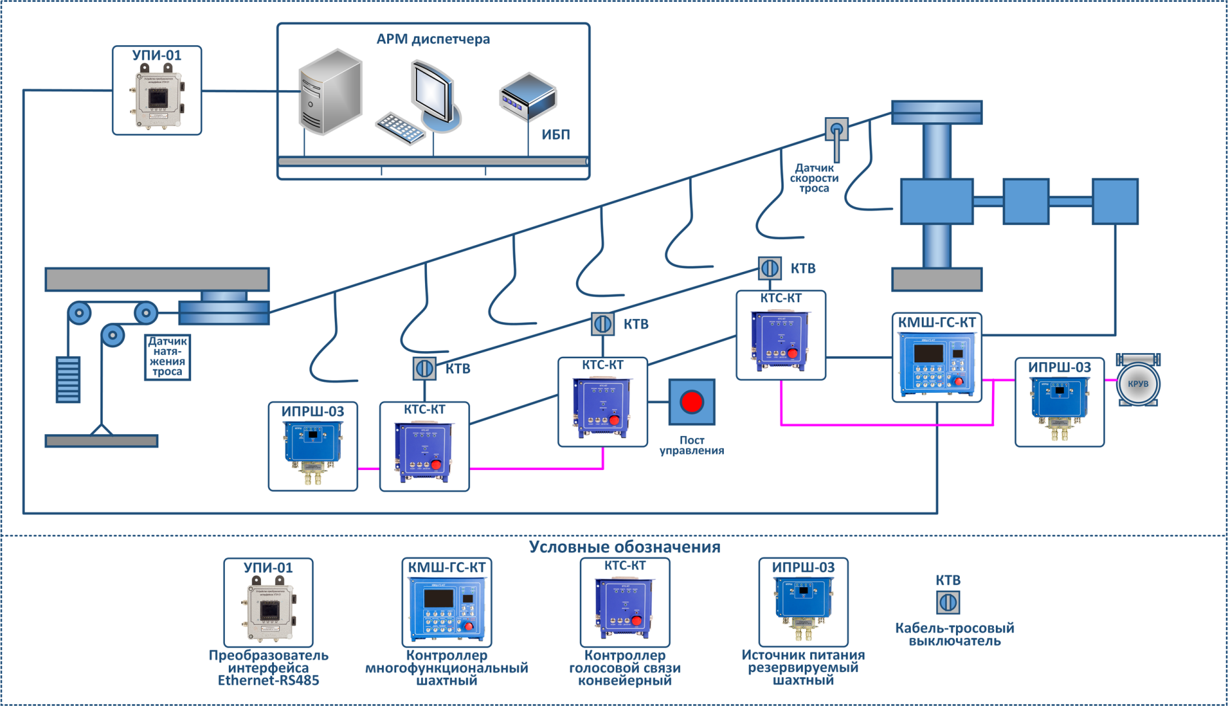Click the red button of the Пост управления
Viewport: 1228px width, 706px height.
pos(692,402)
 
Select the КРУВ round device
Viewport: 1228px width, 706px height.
pos(1138,384)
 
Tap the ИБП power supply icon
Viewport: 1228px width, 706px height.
pos(528,97)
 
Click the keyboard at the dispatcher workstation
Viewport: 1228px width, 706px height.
pos(401,128)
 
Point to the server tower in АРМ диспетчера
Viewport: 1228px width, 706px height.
pos(330,92)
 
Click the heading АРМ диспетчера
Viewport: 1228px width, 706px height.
pos(433,39)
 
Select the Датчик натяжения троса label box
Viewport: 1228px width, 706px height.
pos(167,357)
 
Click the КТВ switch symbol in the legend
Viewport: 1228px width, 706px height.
pos(948,602)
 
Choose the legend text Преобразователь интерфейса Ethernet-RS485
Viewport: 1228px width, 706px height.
pos(268,667)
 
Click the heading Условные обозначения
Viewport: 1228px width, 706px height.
pos(624,546)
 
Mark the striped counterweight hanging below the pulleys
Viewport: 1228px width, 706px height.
pos(68,379)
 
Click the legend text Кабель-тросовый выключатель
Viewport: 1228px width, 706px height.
pos(955,634)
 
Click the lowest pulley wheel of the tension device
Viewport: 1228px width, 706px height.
pos(112,335)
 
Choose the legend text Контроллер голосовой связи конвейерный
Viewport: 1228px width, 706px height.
pos(624,667)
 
